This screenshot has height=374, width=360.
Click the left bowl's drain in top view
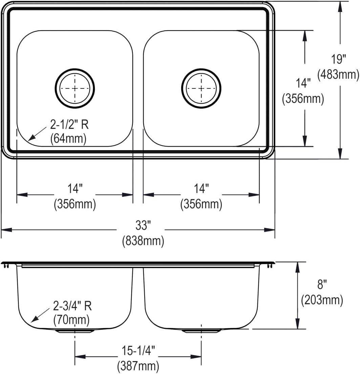pyautogui.click(x=75, y=88)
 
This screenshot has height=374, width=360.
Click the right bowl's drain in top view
pyautogui.click(x=201, y=88)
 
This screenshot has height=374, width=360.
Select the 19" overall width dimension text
pyautogui.click(x=338, y=60)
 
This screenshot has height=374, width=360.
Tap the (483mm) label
pyautogui.click(x=338, y=74)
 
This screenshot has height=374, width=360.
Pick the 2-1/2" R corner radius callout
pyautogui.click(x=69, y=125)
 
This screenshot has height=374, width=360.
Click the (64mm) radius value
pyautogui.click(x=68, y=139)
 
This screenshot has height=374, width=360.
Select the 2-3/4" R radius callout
pyautogui.click(x=72, y=306)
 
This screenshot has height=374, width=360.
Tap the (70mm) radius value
pyautogui.click(x=71, y=319)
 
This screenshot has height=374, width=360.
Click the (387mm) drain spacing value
pyautogui.click(x=138, y=366)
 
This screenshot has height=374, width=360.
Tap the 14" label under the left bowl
pyautogui.click(x=75, y=189)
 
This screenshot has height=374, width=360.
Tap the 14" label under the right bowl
pyautogui.click(x=201, y=189)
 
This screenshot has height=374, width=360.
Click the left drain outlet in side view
pyautogui.click(x=75, y=330)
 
